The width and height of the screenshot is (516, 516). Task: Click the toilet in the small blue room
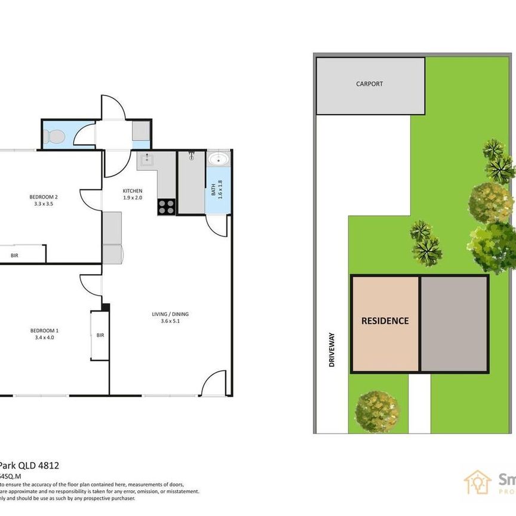(54, 137)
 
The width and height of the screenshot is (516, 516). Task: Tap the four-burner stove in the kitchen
(167, 207)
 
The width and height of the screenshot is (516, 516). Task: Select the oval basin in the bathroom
(219, 159)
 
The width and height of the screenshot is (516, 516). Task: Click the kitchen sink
(147, 159)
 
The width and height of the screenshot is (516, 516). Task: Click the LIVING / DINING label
(170, 314)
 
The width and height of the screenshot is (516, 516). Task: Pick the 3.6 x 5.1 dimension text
(170, 322)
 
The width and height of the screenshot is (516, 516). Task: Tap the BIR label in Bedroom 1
(100, 336)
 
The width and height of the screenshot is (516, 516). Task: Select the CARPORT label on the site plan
(369, 84)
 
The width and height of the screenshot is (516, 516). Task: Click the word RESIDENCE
(385, 321)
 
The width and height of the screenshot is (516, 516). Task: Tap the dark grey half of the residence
(454, 323)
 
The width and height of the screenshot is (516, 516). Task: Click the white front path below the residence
(419, 403)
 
